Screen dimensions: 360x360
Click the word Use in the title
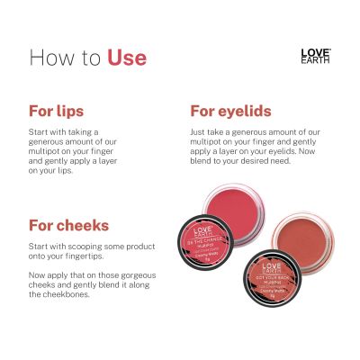(x=126, y=58)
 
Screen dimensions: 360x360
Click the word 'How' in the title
(x=50, y=58)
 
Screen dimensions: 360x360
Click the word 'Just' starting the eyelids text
(x=198, y=132)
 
